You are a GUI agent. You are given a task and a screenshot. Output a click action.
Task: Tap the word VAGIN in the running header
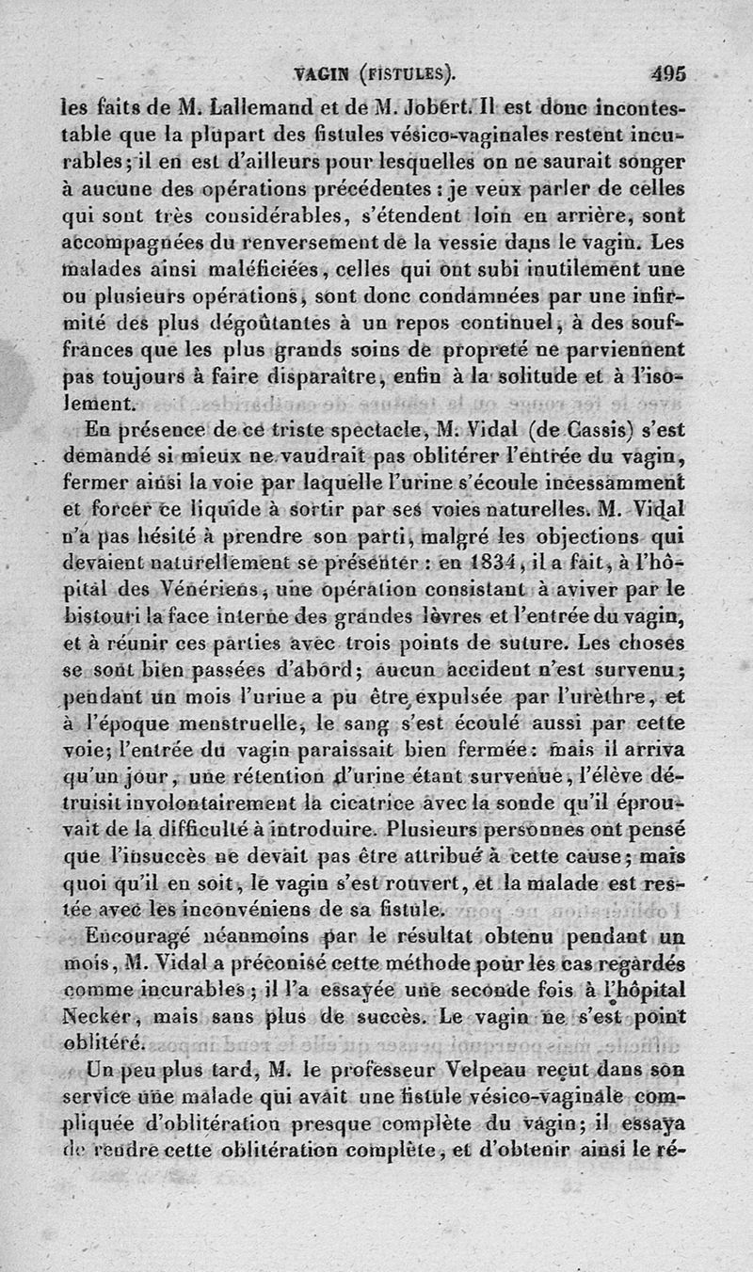tap(317, 74)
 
